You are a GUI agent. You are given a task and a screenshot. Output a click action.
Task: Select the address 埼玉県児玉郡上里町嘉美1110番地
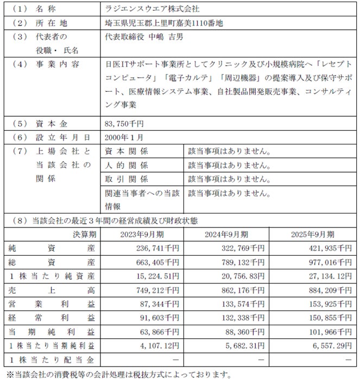click(x=164, y=24)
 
